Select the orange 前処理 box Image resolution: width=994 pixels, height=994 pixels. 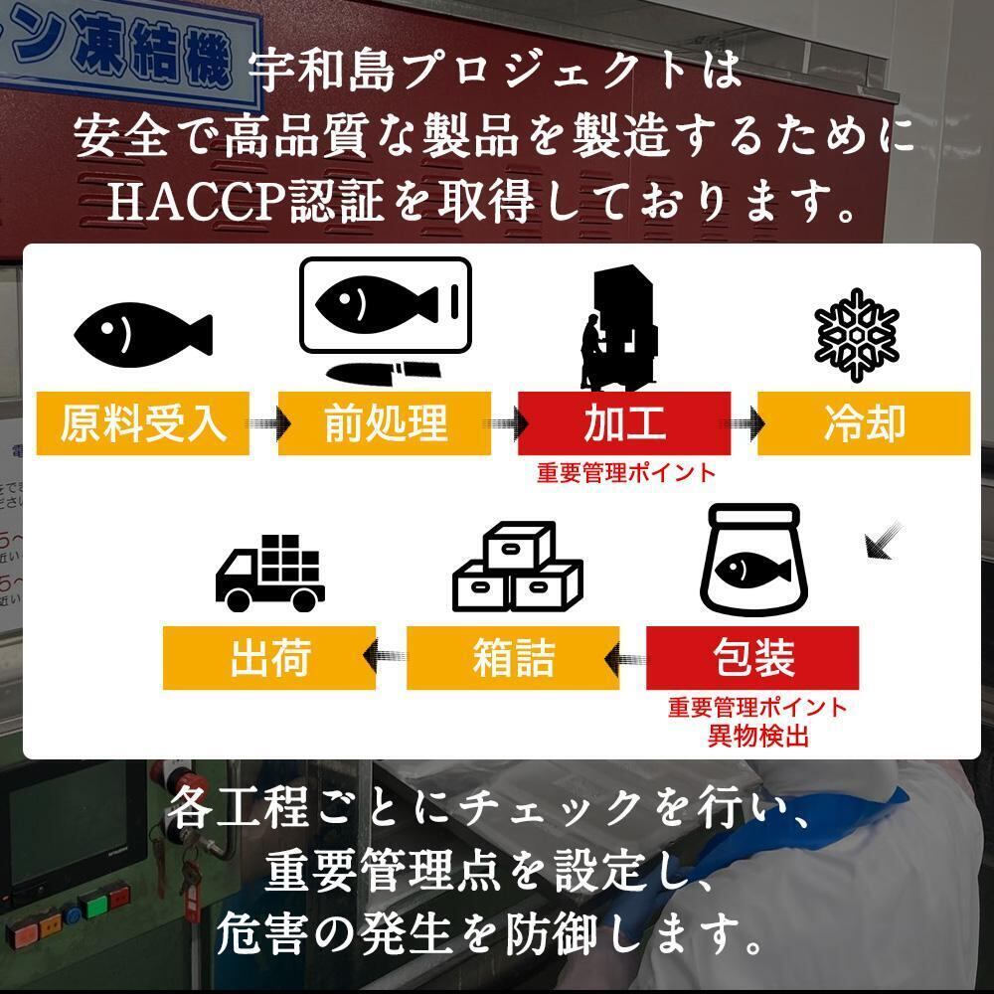click(x=385, y=423)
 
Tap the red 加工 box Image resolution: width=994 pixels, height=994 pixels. click(x=624, y=423)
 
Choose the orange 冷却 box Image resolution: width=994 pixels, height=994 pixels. click(x=864, y=423)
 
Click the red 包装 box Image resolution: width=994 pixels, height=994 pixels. click(x=752, y=658)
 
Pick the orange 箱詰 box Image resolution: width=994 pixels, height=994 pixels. click(x=513, y=658)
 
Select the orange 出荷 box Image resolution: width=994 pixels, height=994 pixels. click(x=269, y=658)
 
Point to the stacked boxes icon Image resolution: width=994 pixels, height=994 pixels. click(x=517, y=570)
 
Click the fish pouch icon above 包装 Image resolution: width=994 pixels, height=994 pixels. click(x=751, y=563)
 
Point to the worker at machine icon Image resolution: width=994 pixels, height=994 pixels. click(x=619, y=328)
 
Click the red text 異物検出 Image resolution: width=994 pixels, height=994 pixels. click(x=757, y=737)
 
